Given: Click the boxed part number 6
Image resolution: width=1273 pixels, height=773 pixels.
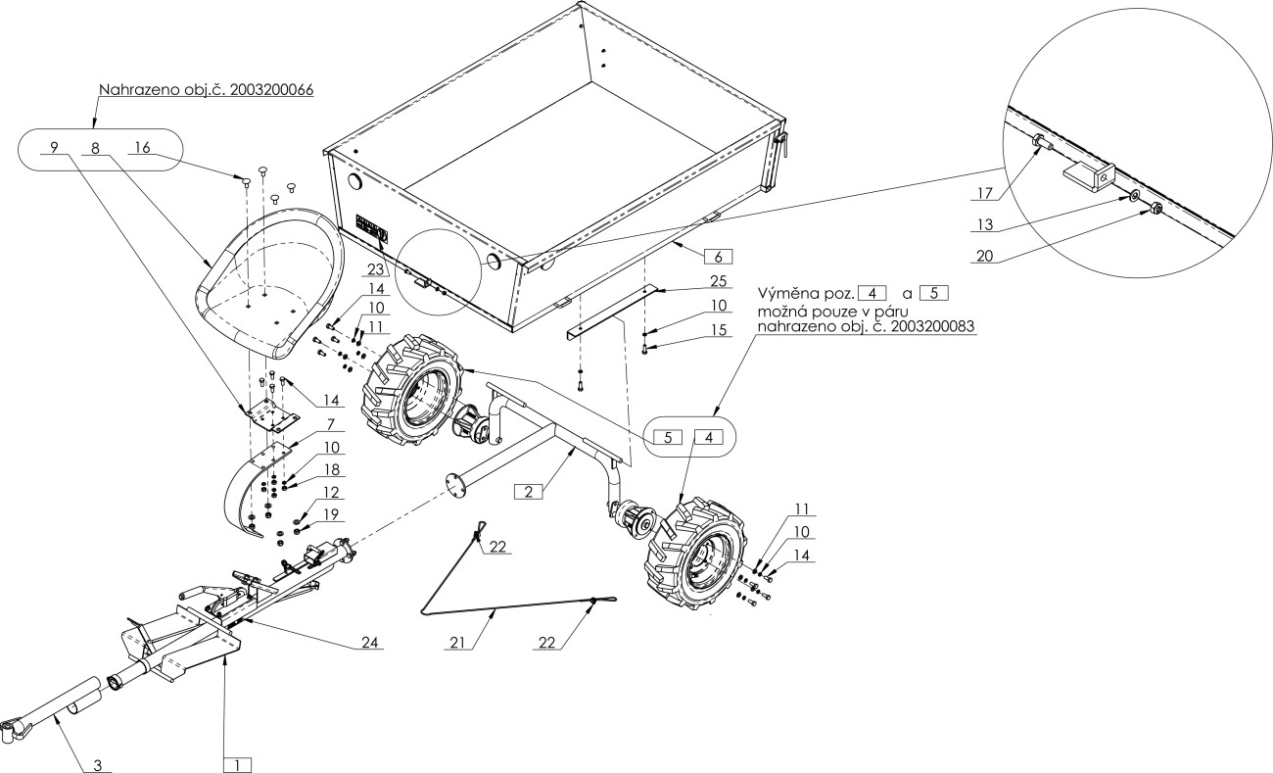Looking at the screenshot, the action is click(718, 257).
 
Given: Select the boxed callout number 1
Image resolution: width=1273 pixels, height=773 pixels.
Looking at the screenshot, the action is click(238, 765).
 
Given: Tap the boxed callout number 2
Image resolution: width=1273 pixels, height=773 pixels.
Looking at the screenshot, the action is click(529, 492).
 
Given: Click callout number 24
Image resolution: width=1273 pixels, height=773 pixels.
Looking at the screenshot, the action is click(370, 643).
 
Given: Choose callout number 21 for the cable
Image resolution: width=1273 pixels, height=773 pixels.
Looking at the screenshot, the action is click(457, 643).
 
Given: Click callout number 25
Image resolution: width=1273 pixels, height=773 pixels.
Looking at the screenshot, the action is click(719, 281).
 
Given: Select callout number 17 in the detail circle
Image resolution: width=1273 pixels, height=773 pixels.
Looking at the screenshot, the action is click(984, 193).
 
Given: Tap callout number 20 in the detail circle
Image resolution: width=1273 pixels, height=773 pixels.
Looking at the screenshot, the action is click(984, 256).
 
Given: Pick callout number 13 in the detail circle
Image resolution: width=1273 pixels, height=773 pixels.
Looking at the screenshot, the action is click(984, 224).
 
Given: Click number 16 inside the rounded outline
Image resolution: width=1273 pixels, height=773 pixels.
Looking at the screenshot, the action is click(142, 148).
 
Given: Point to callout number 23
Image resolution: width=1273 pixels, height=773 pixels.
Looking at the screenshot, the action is click(376, 267).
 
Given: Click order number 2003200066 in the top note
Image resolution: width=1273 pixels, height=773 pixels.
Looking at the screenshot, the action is click(272, 90).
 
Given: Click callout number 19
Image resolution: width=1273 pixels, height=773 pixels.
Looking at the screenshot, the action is click(331, 514).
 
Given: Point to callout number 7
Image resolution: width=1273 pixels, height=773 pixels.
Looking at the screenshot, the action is click(330, 424).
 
